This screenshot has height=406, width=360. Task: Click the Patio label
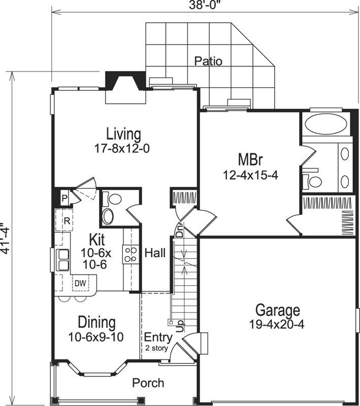[208, 61]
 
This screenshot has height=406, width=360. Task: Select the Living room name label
[123, 134]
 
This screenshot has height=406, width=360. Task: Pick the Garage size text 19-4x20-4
[277, 325]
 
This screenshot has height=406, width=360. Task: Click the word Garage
[277, 310]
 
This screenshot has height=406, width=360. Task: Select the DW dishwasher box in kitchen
[80, 283]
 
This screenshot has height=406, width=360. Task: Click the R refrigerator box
[66, 221]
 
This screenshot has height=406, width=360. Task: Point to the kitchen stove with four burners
[130, 254]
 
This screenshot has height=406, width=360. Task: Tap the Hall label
[155, 253]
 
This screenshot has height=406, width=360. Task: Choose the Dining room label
[96, 322]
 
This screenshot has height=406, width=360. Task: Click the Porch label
[148, 383]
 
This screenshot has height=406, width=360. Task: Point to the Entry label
[155, 337]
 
